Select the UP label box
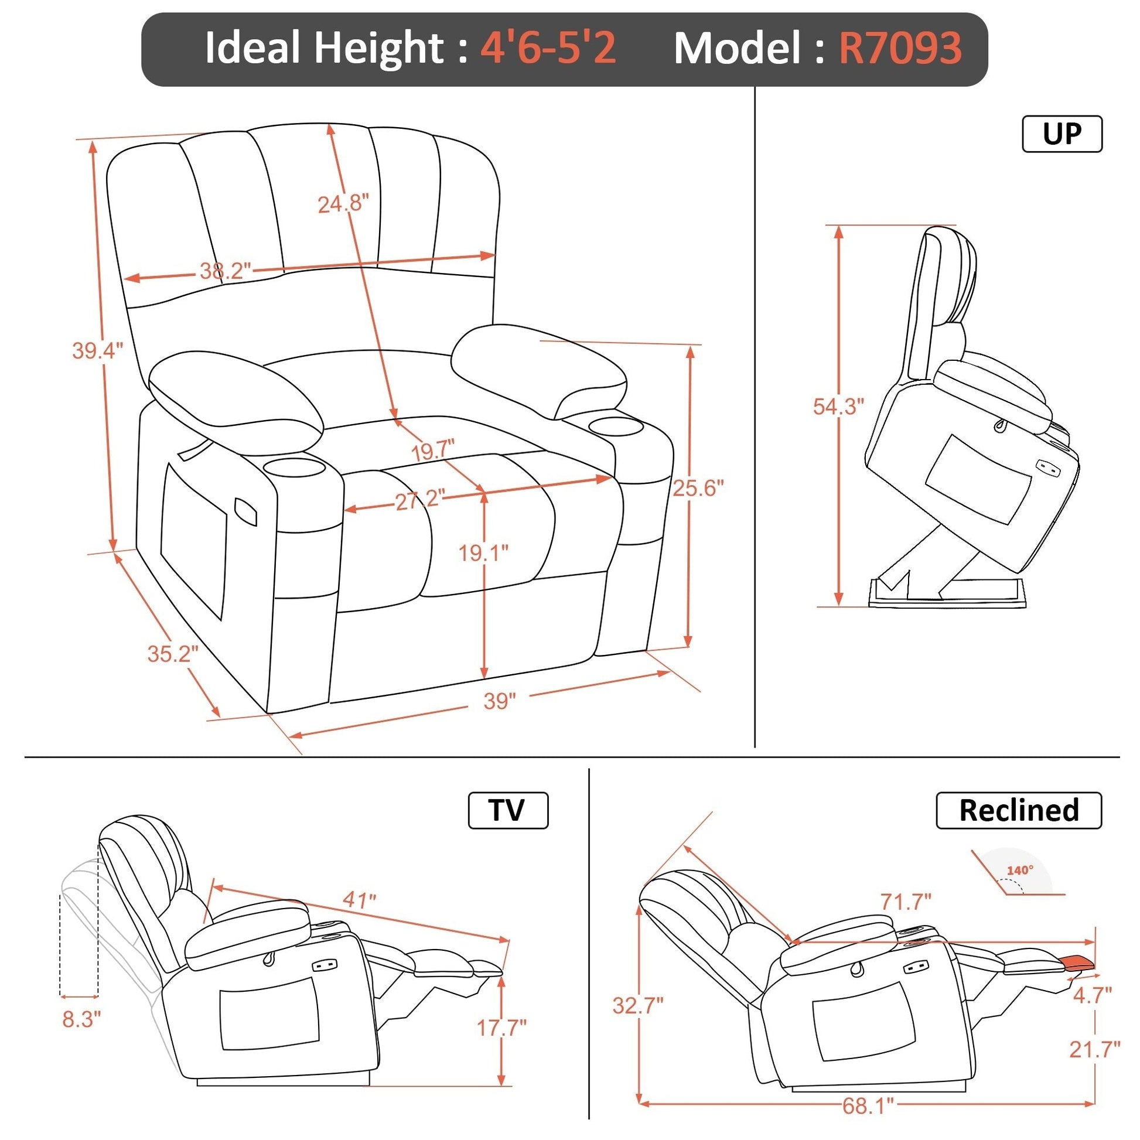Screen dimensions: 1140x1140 coord(1062,134)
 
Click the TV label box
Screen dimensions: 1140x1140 coord(508,811)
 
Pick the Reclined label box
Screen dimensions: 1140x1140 coord(1019,811)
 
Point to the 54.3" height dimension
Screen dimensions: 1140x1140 coord(838,406)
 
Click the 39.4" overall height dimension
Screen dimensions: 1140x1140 coord(98,350)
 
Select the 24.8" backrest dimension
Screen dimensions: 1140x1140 coord(343,204)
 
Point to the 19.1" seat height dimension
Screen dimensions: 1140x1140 coord(484,553)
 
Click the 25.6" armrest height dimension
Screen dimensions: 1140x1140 coord(698,487)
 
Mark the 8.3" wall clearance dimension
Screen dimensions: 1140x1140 coord(81,1019)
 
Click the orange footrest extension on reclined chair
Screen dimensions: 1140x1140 coord(1078,962)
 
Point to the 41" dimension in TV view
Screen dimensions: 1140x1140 coord(359,900)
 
